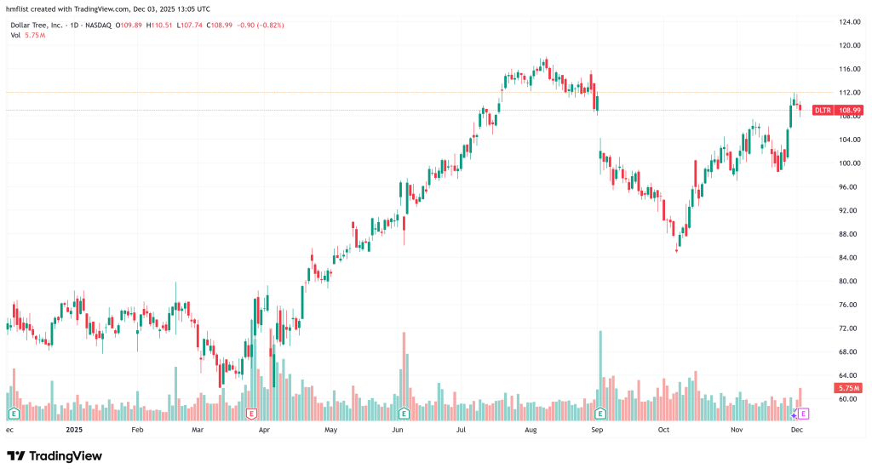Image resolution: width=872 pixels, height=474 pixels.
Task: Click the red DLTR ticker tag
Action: [x=822, y=110]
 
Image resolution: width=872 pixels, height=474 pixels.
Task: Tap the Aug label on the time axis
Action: [x=531, y=431]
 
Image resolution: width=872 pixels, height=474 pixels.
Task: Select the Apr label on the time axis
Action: [x=264, y=431]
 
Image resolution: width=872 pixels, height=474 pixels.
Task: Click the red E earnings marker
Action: [x=251, y=414]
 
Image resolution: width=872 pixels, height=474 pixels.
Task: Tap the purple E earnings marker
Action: [x=802, y=414]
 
